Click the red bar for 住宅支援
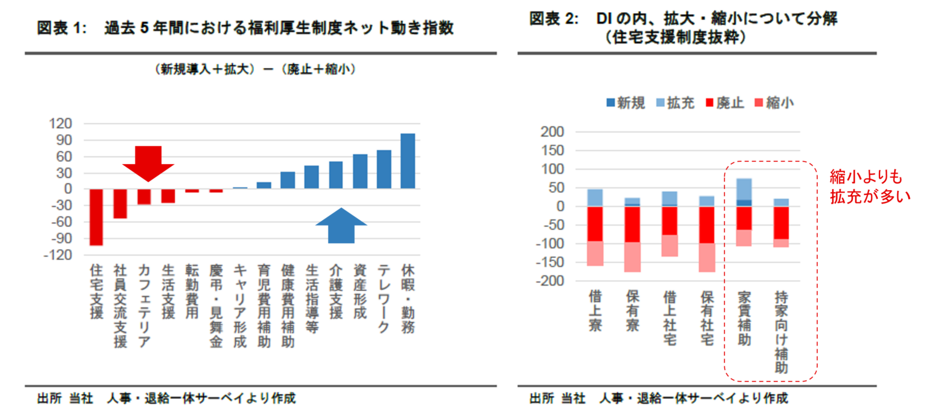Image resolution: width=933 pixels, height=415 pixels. point(97,217)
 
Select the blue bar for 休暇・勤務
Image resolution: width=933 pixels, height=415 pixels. point(408,161)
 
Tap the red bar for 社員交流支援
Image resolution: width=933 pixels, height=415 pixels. point(120,203)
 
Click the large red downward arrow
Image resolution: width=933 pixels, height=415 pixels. point(148,163)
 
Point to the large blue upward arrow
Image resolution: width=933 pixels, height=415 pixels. point(341,225)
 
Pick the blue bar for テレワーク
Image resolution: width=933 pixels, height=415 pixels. point(384,170)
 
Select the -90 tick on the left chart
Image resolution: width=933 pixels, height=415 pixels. point(62,239)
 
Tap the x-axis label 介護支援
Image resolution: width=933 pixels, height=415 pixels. point(336,292)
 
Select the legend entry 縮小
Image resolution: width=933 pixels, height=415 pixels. point(773,103)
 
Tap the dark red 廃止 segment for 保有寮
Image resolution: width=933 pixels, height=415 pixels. point(632,224)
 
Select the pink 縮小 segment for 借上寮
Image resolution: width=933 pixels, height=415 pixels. point(595,253)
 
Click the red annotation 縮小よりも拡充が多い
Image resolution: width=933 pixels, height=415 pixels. point(870,186)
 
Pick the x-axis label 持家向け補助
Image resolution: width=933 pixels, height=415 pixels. point(782,332)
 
